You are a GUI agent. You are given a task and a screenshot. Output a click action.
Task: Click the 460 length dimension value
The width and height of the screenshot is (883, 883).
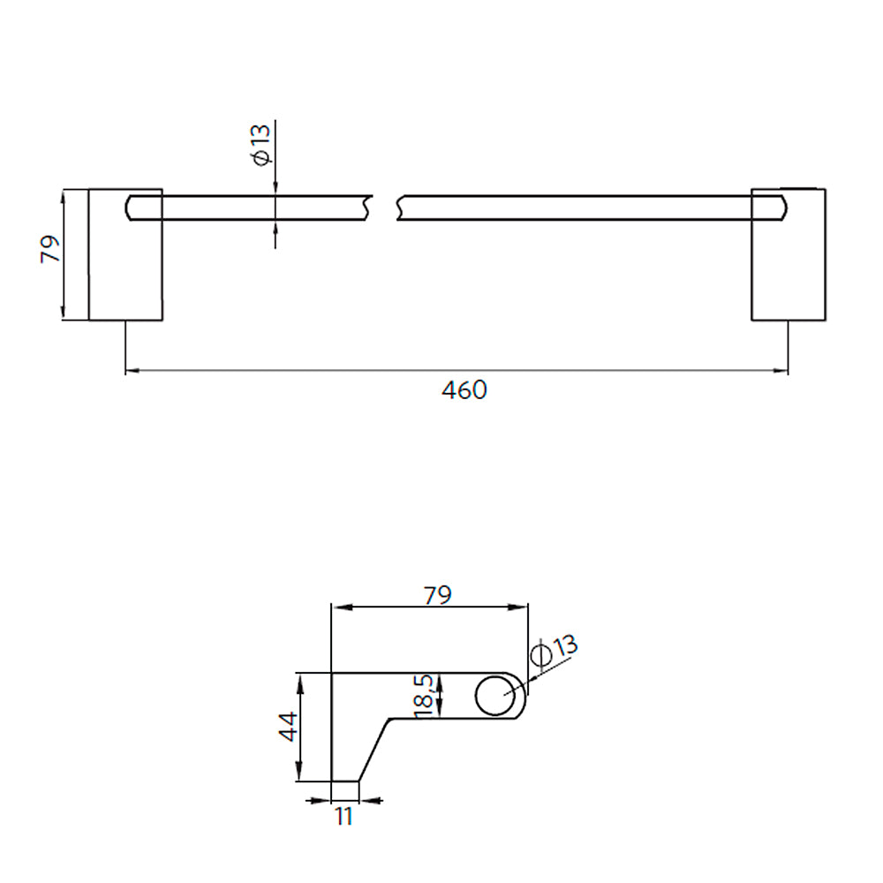[464, 389]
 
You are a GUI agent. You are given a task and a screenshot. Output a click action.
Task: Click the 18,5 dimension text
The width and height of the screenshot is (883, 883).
[423, 694]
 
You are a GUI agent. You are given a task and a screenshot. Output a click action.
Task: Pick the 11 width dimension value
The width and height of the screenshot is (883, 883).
[343, 817]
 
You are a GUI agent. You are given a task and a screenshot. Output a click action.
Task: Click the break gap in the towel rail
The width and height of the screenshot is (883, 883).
[384, 208]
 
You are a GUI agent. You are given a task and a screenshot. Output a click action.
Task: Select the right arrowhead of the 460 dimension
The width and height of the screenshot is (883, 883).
[782, 372]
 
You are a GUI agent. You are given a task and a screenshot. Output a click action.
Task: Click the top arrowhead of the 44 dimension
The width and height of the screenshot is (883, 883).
[301, 678]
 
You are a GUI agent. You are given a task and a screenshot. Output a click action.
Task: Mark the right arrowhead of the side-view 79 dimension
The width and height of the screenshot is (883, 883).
[523, 607]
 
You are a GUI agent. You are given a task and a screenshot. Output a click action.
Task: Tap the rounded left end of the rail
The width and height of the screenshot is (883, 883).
[130, 208]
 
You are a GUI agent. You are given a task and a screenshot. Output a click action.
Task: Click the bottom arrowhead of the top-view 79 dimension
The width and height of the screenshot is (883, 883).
[64, 313]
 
